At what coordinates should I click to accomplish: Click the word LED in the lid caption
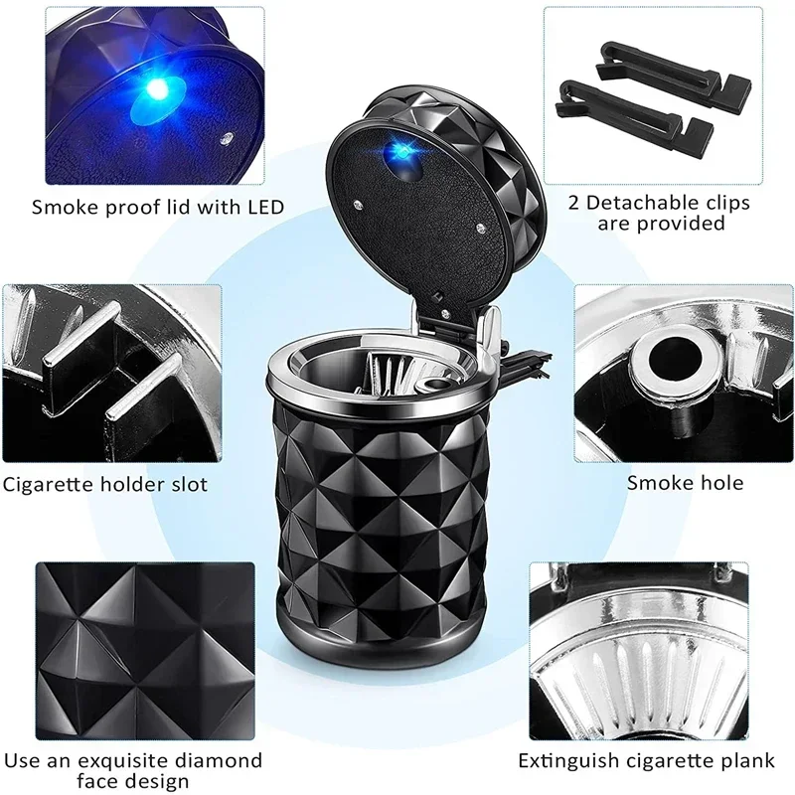(x=265, y=208)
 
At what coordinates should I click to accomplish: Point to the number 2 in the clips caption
(x=573, y=203)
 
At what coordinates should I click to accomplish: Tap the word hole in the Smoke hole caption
(x=720, y=484)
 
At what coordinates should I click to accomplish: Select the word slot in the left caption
(x=188, y=485)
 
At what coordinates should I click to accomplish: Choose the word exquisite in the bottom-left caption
(x=129, y=761)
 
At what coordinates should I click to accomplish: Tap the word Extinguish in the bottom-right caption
(x=564, y=762)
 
